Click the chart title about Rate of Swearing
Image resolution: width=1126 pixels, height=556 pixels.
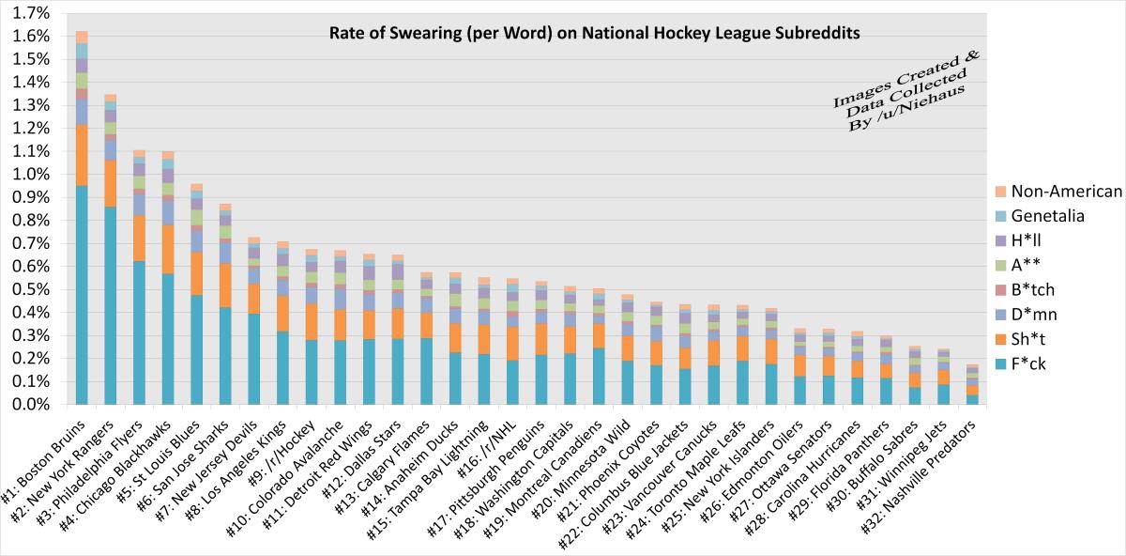click(x=594, y=33)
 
